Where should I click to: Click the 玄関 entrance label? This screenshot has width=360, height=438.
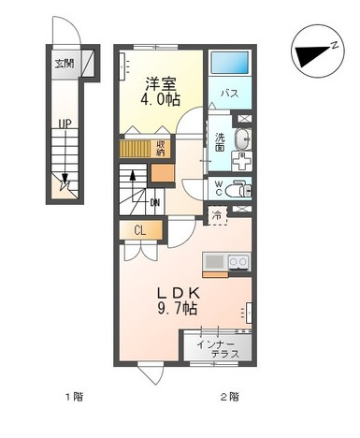click(65, 64)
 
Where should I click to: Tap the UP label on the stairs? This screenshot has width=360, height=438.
click(65, 124)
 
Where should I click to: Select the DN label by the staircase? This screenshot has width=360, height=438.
click(155, 203)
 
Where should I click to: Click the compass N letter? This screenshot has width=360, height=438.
click(334, 45)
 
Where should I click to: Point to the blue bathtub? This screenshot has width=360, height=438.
click(230, 63)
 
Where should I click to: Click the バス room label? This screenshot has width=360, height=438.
click(230, 94)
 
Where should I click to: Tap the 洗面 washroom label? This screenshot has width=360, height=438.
click(220, 142)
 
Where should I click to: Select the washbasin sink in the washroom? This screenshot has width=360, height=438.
click(242, 139)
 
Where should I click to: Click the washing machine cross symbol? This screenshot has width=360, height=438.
click(242, 161)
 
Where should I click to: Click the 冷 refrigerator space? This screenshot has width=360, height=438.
click(217, 215)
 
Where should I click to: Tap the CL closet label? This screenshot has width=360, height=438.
click(139, 231)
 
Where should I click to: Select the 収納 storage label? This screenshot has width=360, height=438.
click(161, 149)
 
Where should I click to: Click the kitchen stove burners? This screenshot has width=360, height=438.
click(239, 262)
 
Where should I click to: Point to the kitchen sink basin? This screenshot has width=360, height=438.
click(214, 262)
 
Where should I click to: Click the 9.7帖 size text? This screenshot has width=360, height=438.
click(178, 309)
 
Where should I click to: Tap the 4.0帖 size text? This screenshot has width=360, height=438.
click(161, 100)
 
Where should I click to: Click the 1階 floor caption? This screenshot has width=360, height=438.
click(74, 397)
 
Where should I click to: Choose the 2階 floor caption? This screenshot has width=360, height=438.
click(230, 397)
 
